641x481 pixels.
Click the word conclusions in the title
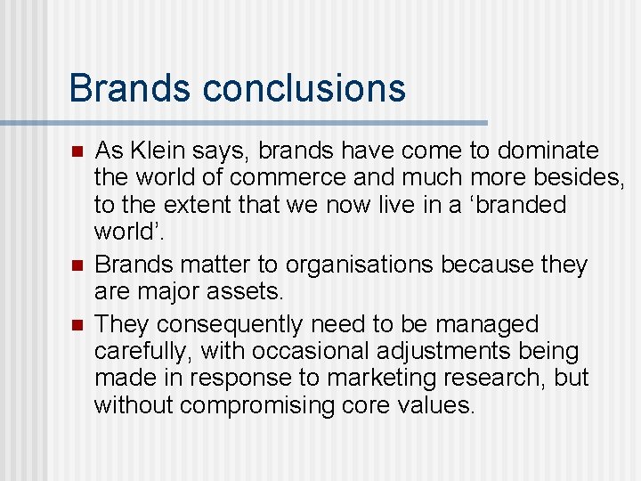[304, 88]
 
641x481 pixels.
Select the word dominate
[548, 151]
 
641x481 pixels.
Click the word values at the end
[436, 405]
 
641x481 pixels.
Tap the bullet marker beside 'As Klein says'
[77, 151]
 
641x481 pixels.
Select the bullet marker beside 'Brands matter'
[77, 265]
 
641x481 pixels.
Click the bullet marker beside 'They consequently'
[77, 323]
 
